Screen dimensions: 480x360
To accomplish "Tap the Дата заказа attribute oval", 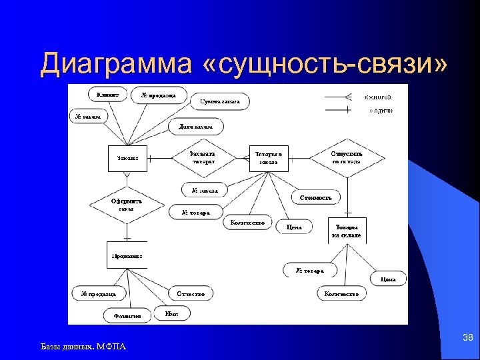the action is coord(196,127).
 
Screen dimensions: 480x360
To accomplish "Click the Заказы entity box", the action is coord(128,158).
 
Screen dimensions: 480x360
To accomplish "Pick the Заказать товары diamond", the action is coord(203,157).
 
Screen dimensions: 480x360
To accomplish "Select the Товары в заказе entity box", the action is coord(269,158).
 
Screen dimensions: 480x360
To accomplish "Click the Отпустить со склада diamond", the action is coord(346,157).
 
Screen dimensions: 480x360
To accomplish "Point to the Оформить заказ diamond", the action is coord(127,204).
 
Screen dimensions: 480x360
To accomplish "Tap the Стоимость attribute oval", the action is coord(317,197).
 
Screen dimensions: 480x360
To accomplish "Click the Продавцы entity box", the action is coord(126,255).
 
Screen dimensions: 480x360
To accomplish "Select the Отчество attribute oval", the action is coord(191,293).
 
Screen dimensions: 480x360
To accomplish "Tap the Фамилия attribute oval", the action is coord(127,316).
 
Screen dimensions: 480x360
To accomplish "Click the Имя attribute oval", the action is coord(171,313).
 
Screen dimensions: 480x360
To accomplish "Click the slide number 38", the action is coord(467,339).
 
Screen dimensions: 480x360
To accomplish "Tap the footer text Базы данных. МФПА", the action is coord(83,346).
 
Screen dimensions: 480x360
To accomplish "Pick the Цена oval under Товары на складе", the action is coord(388,279).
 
